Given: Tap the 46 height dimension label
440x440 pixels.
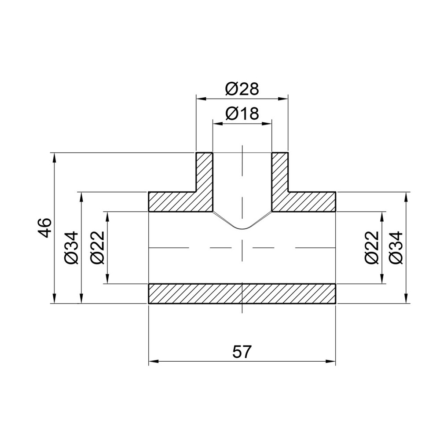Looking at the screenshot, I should [x=46, y=227].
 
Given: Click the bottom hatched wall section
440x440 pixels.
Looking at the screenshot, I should [x=242, y=293].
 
